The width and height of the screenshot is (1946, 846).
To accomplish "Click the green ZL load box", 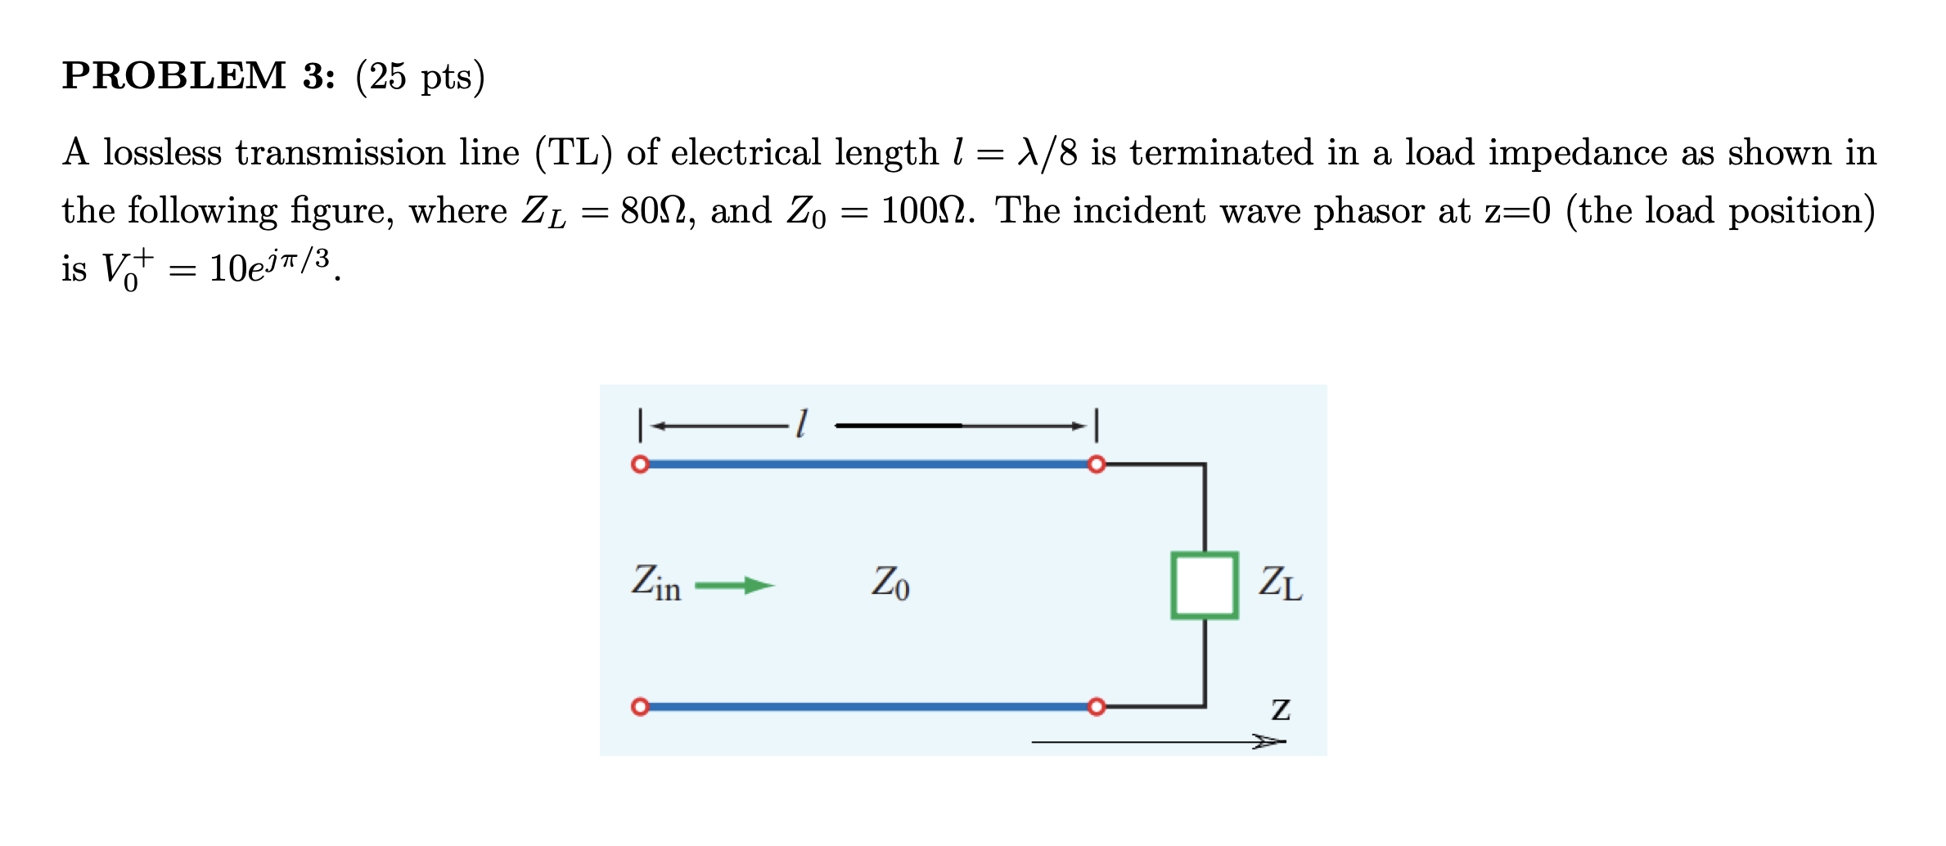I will click(1204, 586).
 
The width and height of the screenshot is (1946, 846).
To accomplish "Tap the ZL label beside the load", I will click(1280, 584).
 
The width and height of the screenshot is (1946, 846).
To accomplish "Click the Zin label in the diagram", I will click(655, 583).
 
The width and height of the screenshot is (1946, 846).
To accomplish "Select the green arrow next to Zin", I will click(734, 585).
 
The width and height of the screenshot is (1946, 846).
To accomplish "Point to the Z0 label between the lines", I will click(890, 583).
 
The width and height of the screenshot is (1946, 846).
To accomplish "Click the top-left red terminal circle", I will click(640, 465).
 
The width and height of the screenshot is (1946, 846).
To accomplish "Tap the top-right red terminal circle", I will click(1097, 465).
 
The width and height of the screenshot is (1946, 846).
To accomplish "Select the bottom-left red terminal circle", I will click(640, 706).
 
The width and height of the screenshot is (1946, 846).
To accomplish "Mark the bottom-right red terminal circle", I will click(1097, 706).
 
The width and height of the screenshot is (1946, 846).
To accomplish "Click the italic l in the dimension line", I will click(802, 424).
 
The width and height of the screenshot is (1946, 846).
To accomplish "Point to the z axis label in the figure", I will click(1281, 709).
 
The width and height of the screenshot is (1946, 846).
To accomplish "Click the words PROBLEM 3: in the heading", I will click(198, 76).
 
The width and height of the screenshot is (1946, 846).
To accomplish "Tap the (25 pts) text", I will click(420, 77).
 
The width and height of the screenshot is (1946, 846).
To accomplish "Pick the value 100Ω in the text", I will click(926, 211).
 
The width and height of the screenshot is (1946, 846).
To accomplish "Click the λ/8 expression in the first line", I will click(1047, 153).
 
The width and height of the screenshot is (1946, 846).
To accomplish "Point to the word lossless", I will click(162, 153).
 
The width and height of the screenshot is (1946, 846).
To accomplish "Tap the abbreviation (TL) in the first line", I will click(573, 153).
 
